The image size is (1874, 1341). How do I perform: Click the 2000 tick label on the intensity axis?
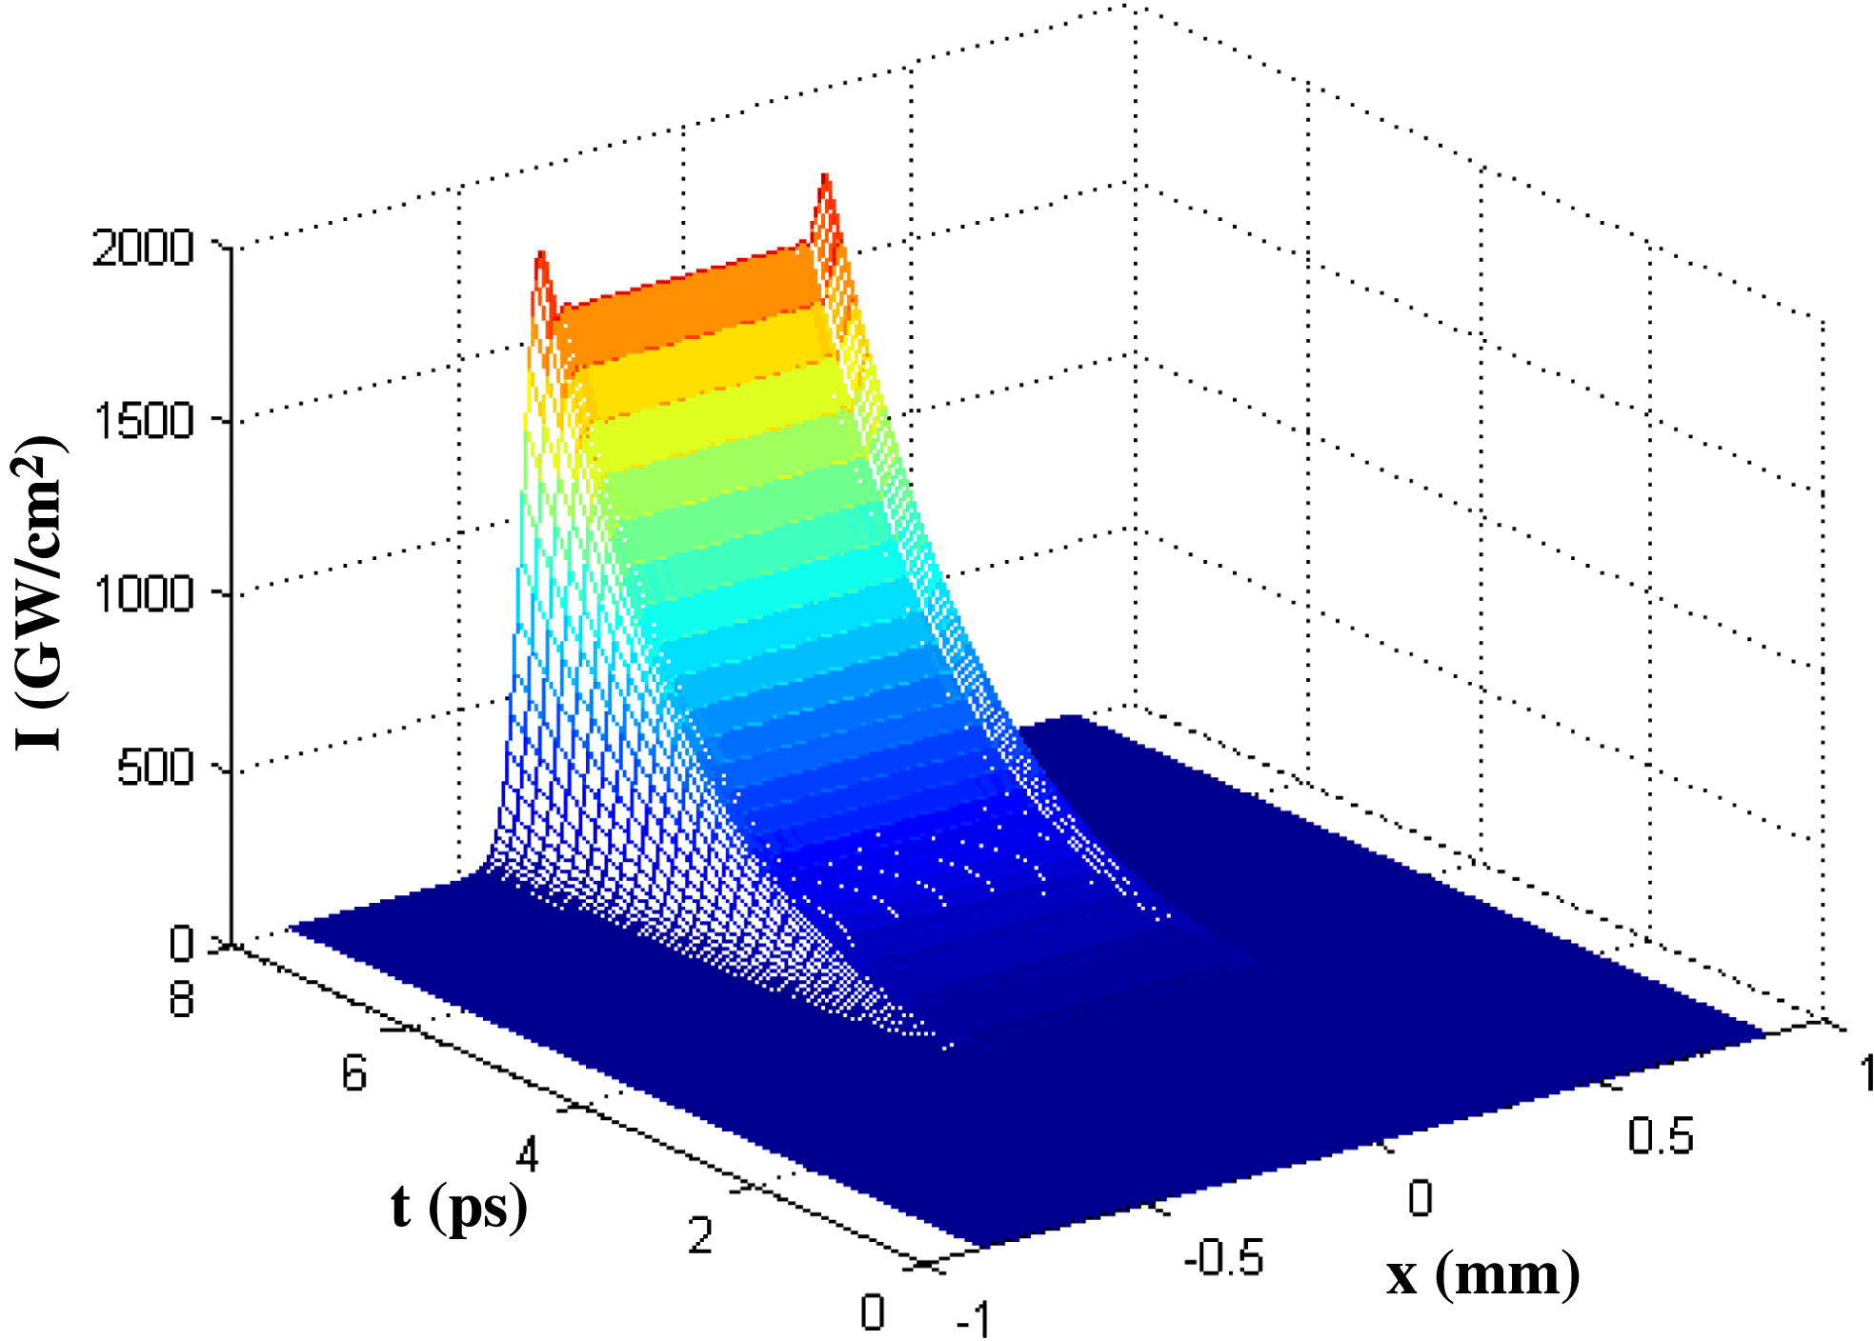(143, 249)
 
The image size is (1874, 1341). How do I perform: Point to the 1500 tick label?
(143, 421)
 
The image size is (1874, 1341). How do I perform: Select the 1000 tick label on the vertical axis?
(143, 594)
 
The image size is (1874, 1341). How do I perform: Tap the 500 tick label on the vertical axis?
(155, 768)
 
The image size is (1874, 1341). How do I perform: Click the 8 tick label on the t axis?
(182, 1000)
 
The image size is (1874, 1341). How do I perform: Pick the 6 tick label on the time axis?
(354, 1074)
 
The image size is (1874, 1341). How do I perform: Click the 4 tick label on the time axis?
(528, 1154)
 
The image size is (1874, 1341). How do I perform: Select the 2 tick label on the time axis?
(700, 1236)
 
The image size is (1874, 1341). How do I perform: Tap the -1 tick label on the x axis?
(974, 1320)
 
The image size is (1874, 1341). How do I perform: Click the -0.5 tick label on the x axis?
(1223, 1258)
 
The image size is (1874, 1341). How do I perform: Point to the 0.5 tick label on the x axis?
(1660, 1136)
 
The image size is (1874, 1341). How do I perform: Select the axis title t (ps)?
(459, 1208)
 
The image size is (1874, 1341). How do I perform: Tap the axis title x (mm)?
(1482, 1274)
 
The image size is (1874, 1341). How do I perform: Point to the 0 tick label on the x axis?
(1420, 1198)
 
